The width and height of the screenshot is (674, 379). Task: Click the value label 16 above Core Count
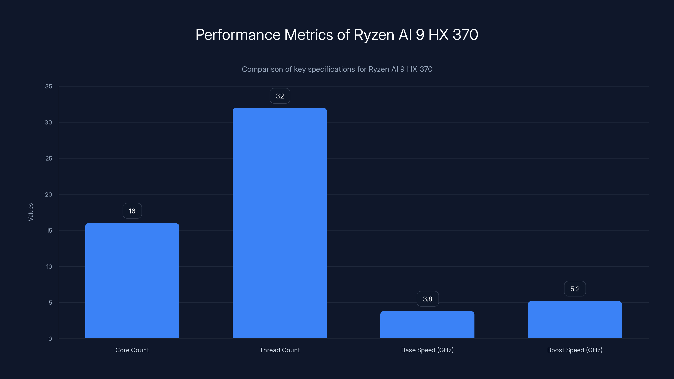[x=132, y=211]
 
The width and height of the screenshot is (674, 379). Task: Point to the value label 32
[x=280, y=96]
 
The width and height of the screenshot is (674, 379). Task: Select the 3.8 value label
[x=428, y=299]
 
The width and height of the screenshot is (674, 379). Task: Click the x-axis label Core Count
[x=132, y=350]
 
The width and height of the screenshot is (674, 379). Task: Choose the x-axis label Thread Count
[x=280, y=350]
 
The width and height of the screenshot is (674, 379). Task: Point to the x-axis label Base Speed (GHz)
[x=427, y=350]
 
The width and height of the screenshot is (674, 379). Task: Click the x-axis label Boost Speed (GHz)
[x=575, y=350]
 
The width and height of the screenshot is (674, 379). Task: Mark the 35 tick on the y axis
[x=48, y=86]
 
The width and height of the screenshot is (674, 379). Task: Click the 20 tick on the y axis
[x=48, y=194]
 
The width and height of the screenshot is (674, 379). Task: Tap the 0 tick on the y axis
[x=50, y=339]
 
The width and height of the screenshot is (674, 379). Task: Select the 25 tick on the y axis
[x=48, y=159]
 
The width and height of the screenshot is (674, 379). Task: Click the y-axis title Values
[x=31, y=212]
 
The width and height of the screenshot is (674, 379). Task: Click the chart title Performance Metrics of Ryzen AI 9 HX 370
[x=337, y=35]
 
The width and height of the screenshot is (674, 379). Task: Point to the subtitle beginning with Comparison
[x=337, y=69]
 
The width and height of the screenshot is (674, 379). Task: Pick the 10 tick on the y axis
[x=49, y=267]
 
